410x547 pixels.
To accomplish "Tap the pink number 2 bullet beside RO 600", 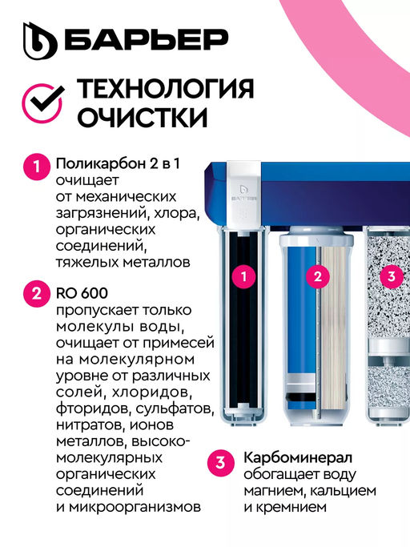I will (36, 293).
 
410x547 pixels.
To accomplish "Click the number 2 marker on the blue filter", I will (318, 277).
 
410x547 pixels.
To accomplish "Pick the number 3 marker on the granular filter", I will (390, 277).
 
